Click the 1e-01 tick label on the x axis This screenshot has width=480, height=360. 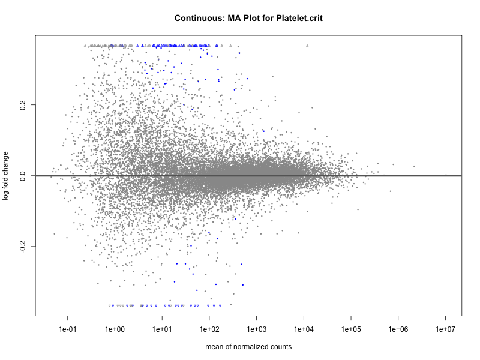[68, 329]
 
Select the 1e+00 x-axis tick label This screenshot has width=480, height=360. [115, 329]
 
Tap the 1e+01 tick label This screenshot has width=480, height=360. [162, 329]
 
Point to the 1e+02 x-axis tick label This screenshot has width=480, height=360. [209, 329]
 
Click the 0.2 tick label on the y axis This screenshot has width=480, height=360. [22, 104]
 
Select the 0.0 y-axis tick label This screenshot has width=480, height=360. [22, 176]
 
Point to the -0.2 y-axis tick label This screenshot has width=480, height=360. [22, 247]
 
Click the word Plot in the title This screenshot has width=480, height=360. [253, 18]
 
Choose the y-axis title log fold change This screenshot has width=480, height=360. [7, 176]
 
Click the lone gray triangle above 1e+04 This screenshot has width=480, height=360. [307, 46]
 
